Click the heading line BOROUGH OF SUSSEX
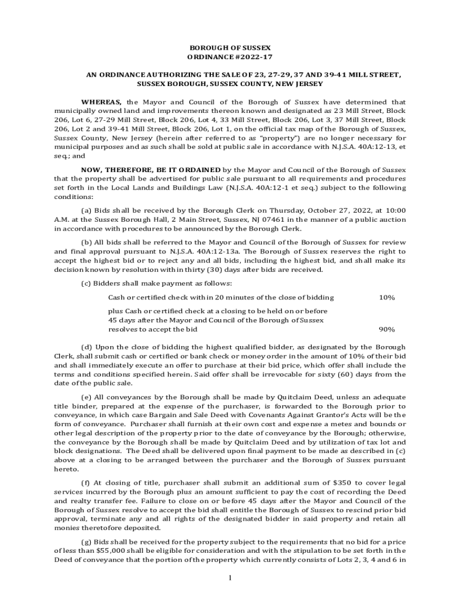(x=230, y=47)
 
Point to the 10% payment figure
(x=387, y=298)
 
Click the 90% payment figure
(x=387, y=329)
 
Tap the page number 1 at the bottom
(x=230, y=577)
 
